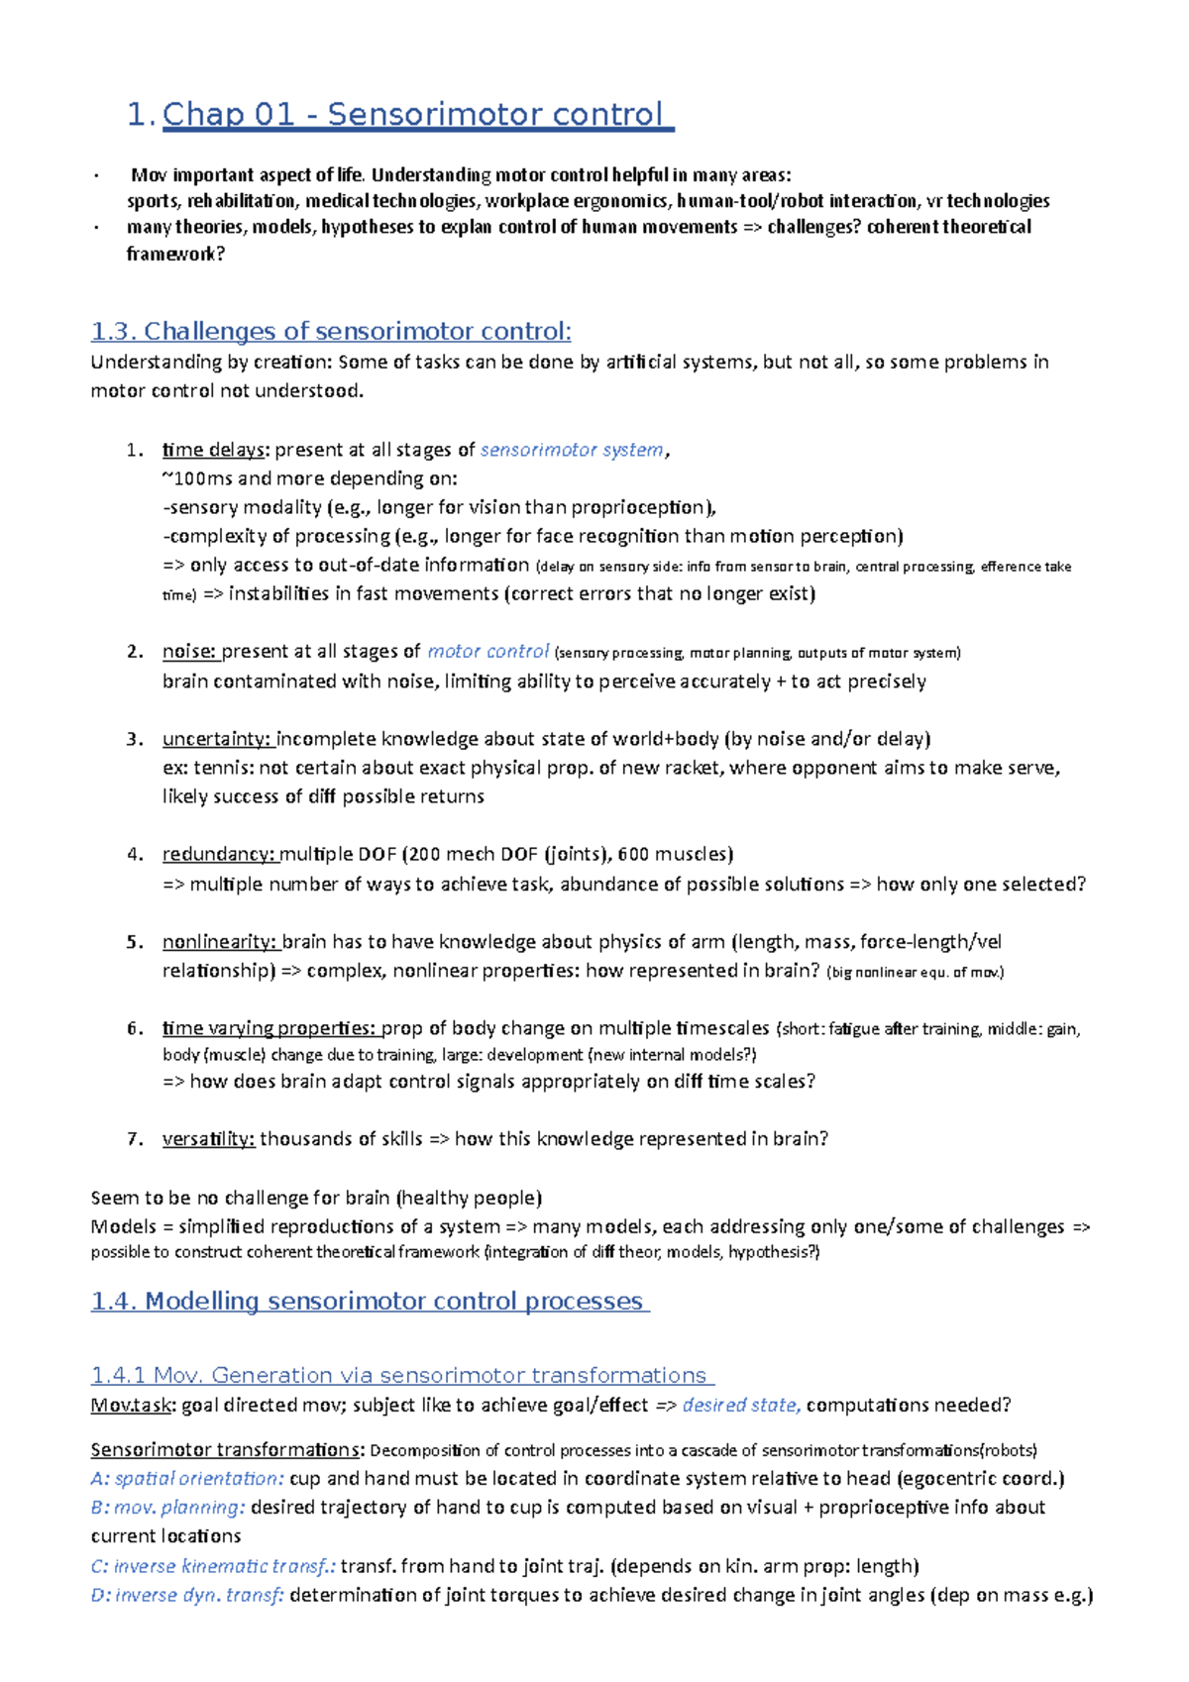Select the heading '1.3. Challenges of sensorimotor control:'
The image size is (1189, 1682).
[331, 331]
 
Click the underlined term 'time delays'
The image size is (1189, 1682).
[214, 450]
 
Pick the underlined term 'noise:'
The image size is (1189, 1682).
[189, 652]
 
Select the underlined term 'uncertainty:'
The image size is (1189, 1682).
[217, 739]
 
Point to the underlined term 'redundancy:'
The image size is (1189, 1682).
[219, 854]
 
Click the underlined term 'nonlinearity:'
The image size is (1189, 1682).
[220, 941]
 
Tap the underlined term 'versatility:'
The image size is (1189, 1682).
[209, 1139]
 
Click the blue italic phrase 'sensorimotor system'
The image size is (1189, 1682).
[572, 450]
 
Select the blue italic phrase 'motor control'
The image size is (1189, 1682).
[487, 652]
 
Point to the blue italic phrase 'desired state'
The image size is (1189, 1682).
[740, 1405]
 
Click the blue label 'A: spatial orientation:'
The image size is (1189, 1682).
[187, 1478]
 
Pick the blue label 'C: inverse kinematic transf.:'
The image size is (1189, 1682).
[213, 1566]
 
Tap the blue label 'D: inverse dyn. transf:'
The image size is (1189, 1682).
[187, 1595]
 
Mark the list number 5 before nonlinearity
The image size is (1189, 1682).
[134, 941]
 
